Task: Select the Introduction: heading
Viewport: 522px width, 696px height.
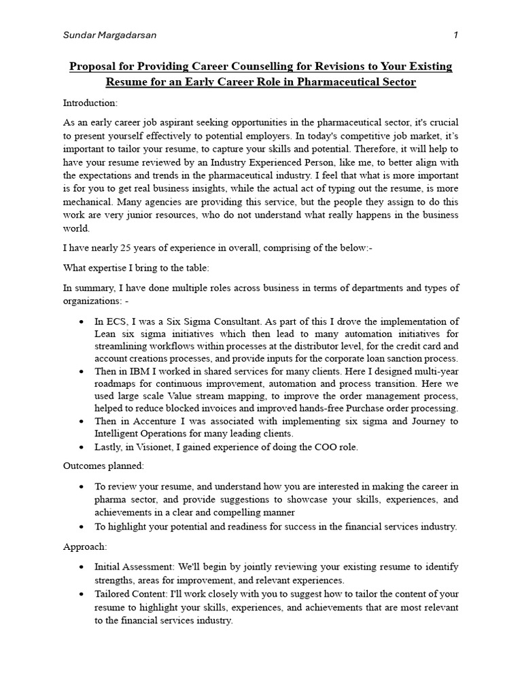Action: pyautogui.click(x=90, y=103)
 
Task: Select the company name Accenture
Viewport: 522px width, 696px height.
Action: pyautogui.click(x=156, y=421)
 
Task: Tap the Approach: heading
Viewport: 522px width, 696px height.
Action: pyautogui.click(x=85, y=546)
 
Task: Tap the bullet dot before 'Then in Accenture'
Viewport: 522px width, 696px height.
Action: pyautogui.click(x=82, y=421)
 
